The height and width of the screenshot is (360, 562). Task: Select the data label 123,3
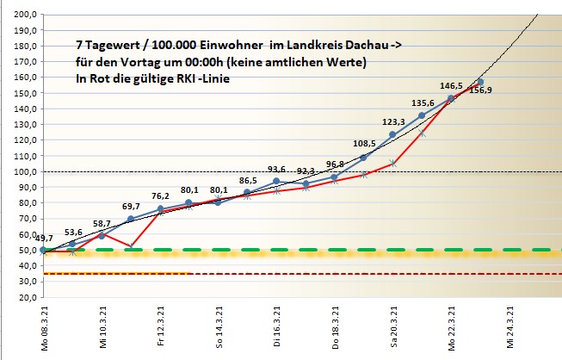[x=392, y=122]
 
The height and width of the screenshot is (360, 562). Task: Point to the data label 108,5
[x=363, y=144]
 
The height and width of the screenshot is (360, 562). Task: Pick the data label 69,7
[x=131, y=207]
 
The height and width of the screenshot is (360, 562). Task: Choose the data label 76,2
[x=160, y=196]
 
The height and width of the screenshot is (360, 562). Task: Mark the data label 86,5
[x=248, y=181]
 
